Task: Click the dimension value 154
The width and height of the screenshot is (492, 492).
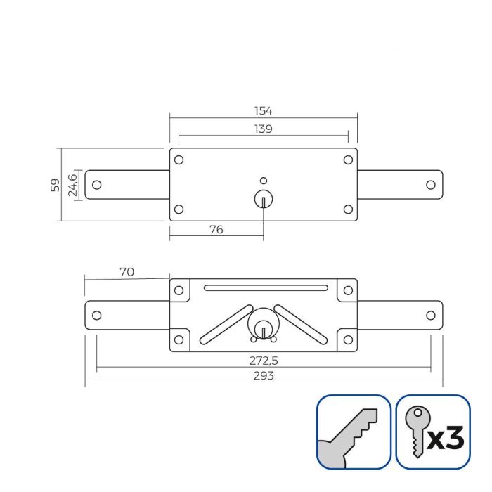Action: point(263,111)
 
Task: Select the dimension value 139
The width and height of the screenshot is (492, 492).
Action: point(263,129)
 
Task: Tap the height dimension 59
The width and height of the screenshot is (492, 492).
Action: point(53,185)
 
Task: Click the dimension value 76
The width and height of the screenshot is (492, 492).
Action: point(216,230)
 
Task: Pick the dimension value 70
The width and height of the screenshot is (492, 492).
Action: point(127,272)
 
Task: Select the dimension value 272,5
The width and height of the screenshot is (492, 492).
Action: point(263,359)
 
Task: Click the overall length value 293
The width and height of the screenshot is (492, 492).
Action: point(263,376)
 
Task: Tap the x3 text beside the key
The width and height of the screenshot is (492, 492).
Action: point(446,440)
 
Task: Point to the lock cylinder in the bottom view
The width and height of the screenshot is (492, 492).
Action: point(263,325)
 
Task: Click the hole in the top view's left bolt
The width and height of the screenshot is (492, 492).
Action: point(97,185)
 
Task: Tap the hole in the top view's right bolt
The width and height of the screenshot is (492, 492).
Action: point(431,185)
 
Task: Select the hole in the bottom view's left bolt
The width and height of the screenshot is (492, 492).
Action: point(97,315)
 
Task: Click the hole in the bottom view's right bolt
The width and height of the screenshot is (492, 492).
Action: point(431,315)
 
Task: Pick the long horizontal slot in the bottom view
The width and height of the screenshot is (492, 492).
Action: point(266,287)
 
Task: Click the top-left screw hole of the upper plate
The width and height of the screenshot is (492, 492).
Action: point(179,160)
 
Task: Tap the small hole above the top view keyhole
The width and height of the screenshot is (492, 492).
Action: point(264,179)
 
